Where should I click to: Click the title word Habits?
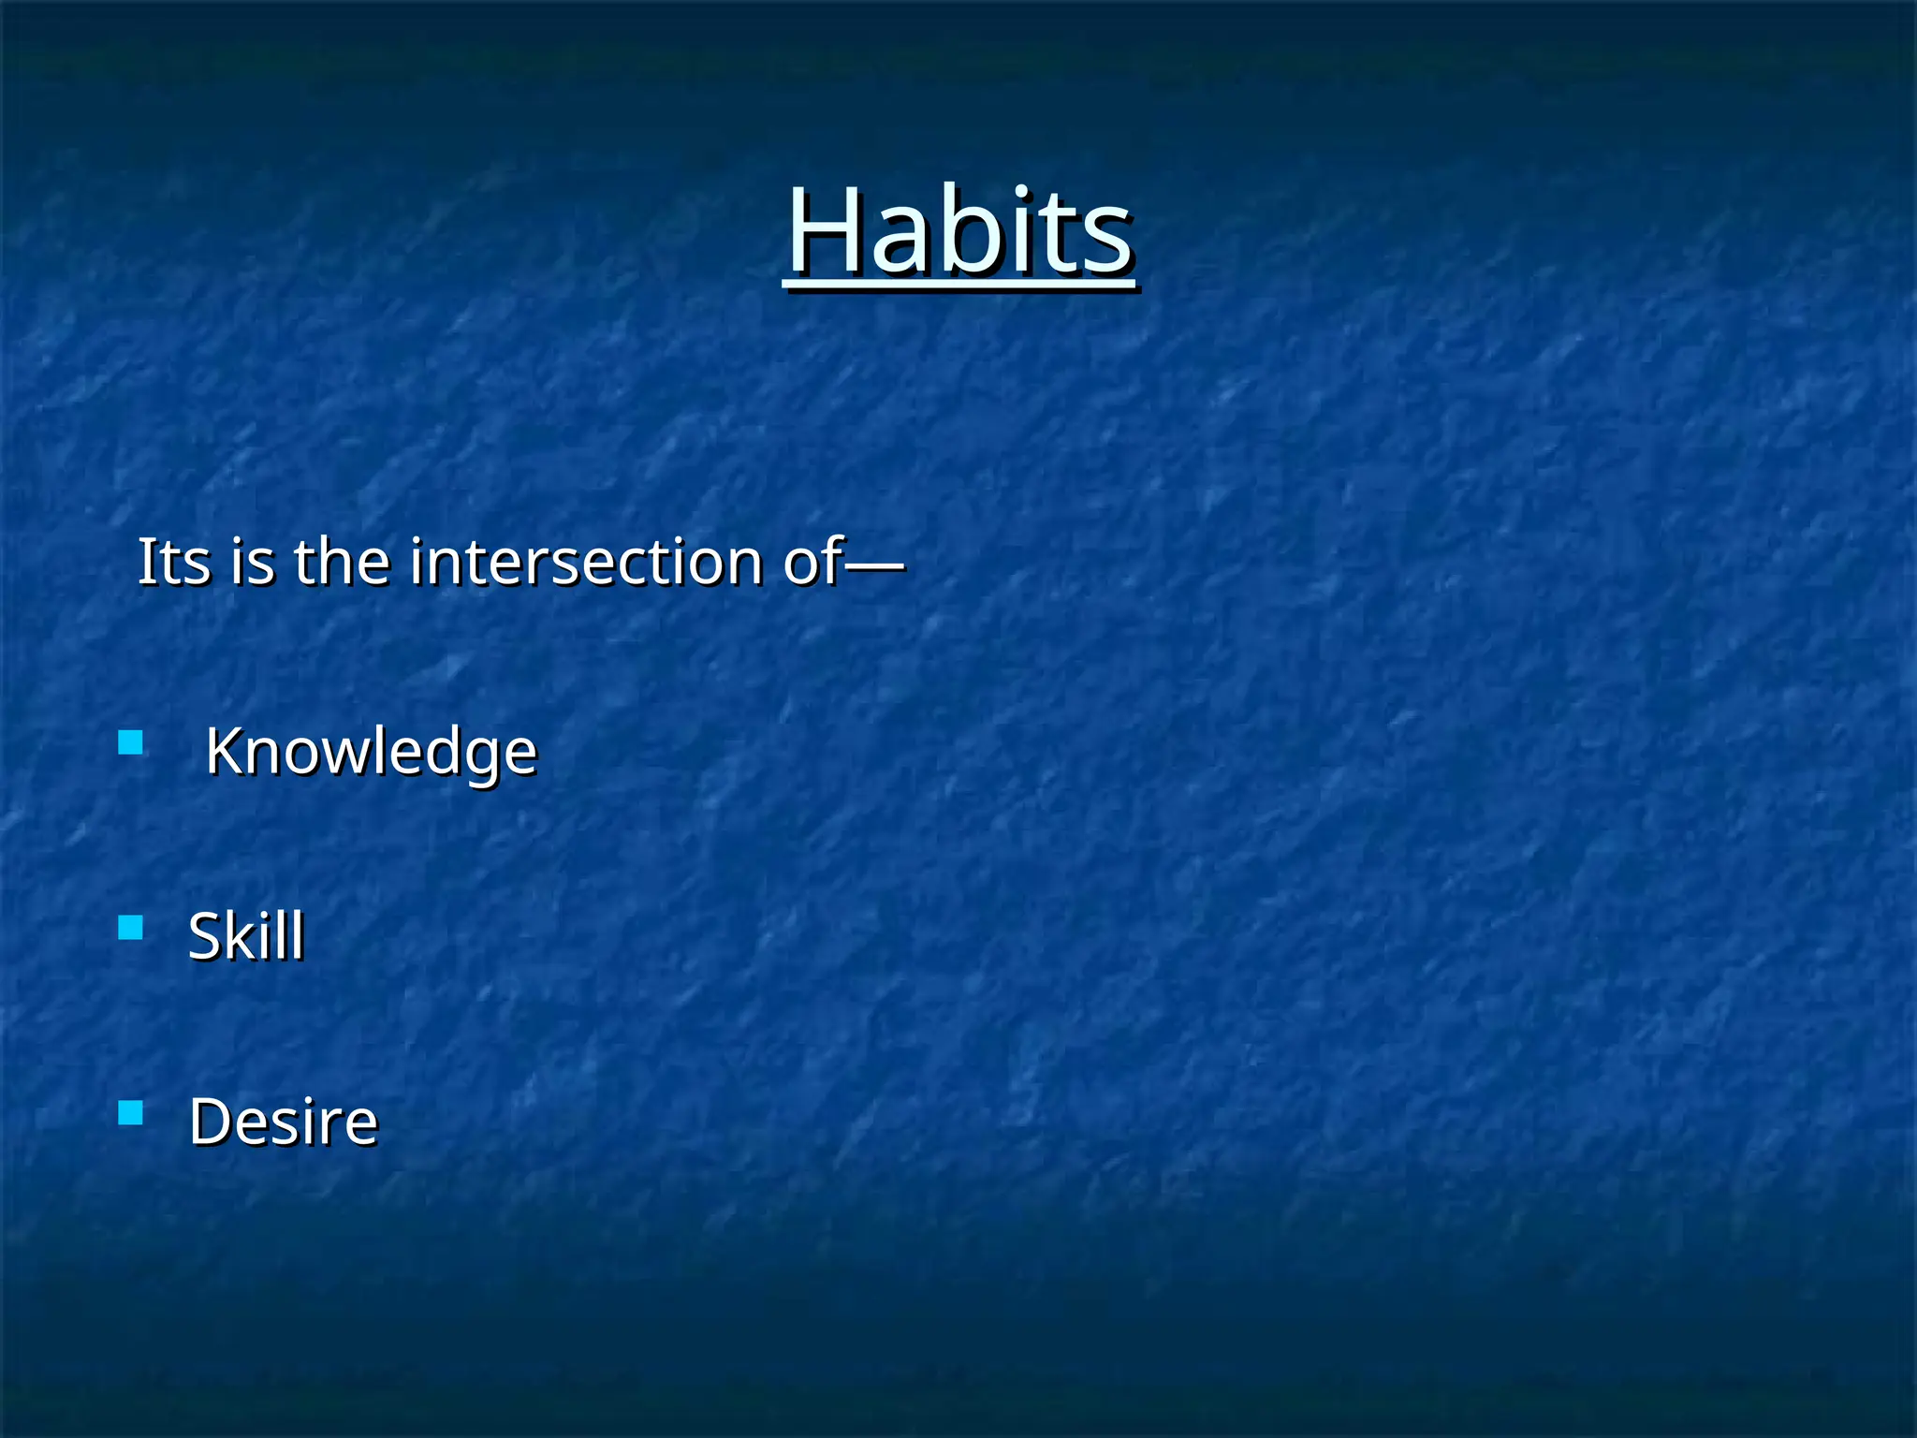point(959,231)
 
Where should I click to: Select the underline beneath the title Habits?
point(959,282)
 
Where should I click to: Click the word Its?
point(174,562)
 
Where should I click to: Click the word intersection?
point(587,562)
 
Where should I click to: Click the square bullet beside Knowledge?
point(131,743)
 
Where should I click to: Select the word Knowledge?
point(371,752)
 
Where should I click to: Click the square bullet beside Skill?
point(131,928)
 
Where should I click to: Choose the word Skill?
point(246,935)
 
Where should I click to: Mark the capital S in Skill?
point(205,935)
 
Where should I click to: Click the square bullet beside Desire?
point(131,1112)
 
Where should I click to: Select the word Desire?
point(283,1121)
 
